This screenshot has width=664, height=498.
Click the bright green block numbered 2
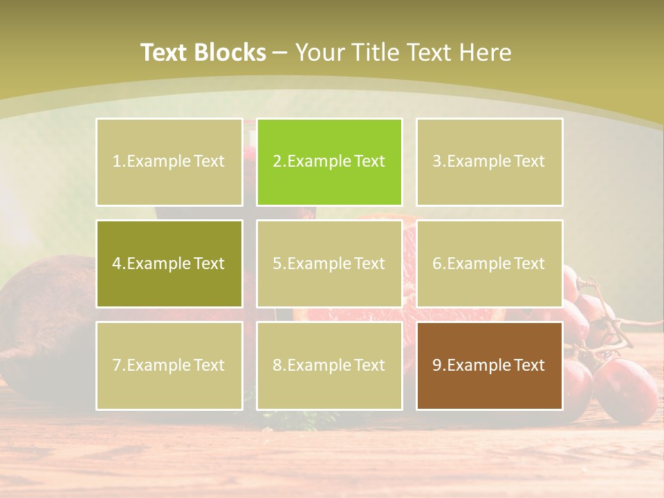[x=329, y=162]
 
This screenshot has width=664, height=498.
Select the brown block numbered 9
[x=489, y=365]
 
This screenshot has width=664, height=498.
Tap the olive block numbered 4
[x=169, y=264]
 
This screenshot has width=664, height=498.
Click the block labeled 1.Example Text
[x=169, y=162]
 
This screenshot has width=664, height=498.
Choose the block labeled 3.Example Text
[x=489, y=162]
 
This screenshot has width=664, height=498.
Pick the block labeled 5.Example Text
[x=329, y=264]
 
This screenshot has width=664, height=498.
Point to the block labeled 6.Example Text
[x=489, y=264]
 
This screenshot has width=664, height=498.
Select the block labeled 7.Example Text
[x=169, y=365]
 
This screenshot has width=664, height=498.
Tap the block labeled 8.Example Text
[x=329, y=365]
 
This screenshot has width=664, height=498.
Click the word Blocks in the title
[x=231, y=53]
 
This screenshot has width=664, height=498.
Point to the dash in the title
[x=280, y=53]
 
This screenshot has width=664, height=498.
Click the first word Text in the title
[x=165, y=53]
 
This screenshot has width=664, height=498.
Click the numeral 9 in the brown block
[x=437, y=365]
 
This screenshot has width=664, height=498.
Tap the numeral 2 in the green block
[x=277, y=162]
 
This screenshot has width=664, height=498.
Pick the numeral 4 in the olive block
[x=117, y=264]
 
